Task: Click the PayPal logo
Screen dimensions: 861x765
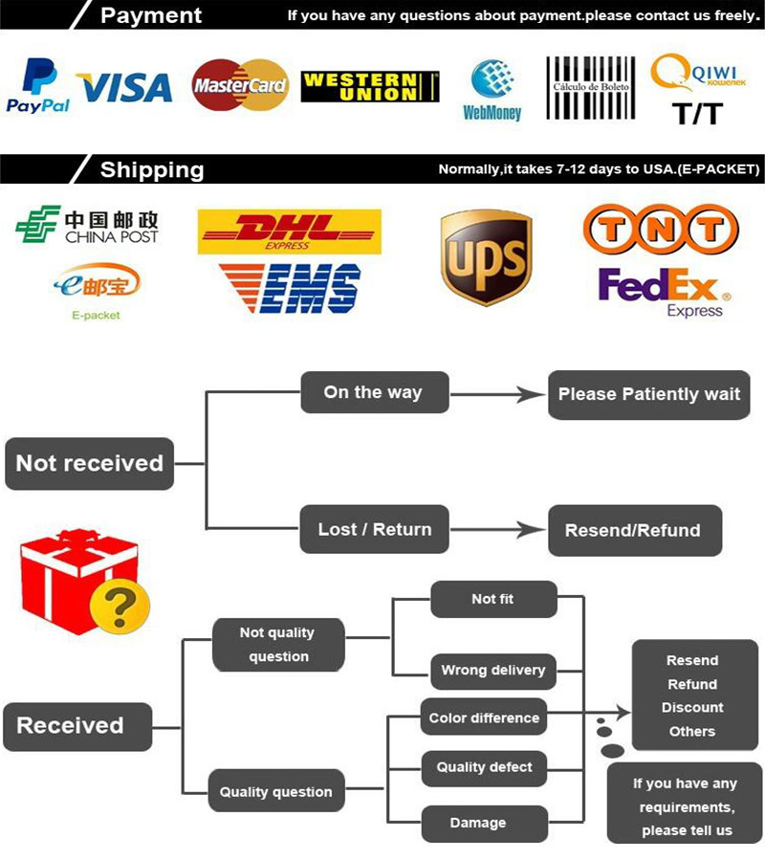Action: click(x=39, y=86)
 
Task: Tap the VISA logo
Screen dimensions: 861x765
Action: click(x=124, y=88)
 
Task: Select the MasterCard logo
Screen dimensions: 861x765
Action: click(x=240, y=86)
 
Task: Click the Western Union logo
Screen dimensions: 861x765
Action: click(x=370, y=86)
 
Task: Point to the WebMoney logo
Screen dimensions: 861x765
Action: click(x=492, y=90)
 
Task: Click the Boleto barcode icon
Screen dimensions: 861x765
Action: click(x=590, y=88)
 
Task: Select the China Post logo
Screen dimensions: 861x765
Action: click(x=87, y=226)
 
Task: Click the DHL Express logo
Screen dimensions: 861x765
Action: click(x=289, y=232)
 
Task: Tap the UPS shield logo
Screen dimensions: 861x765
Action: click(x=486, y=257)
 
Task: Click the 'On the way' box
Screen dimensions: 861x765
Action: click(x=374, y=392)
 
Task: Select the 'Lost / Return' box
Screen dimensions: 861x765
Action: click(x=374, y=529)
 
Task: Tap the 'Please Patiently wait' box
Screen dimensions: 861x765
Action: click(x=648, y=394)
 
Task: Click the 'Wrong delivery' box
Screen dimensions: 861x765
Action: click(x=492, y=670)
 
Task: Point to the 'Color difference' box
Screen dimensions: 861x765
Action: click(x=484, y=717)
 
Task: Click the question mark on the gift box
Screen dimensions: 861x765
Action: click(x=120, y=606)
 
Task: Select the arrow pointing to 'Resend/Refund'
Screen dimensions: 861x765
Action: click(x=516, y=529)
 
